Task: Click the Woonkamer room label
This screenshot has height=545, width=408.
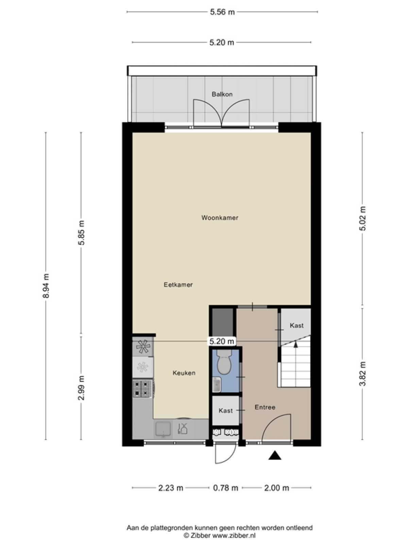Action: pyautogui.click(x=220, y=218)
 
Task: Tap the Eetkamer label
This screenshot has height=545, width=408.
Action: pyautogui.click(x=178, y=284)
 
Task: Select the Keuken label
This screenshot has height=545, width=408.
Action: pyautogui.click(x=184, y=373)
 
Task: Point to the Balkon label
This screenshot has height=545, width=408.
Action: pyautogui.click(x=222, y=94)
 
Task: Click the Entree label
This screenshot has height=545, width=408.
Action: pyautogui.click(x=265, y=407)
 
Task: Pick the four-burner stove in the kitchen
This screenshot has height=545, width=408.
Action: pyautogui.click(x=142, y=389)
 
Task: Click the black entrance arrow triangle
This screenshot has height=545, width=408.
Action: pyautogui.click(x=275, y=455)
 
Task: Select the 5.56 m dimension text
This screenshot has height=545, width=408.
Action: pyautogui.click(x=222, y=12)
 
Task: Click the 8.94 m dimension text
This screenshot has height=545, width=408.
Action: pyautogui.click(x=46, y=286)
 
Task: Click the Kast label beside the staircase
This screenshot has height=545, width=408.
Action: pyautogui.click(x=297, y=325)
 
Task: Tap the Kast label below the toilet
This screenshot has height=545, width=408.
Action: pyautogui.click(x=226, y=411)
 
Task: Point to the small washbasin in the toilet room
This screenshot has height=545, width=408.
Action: pyautogui.click(x=217, y=384)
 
